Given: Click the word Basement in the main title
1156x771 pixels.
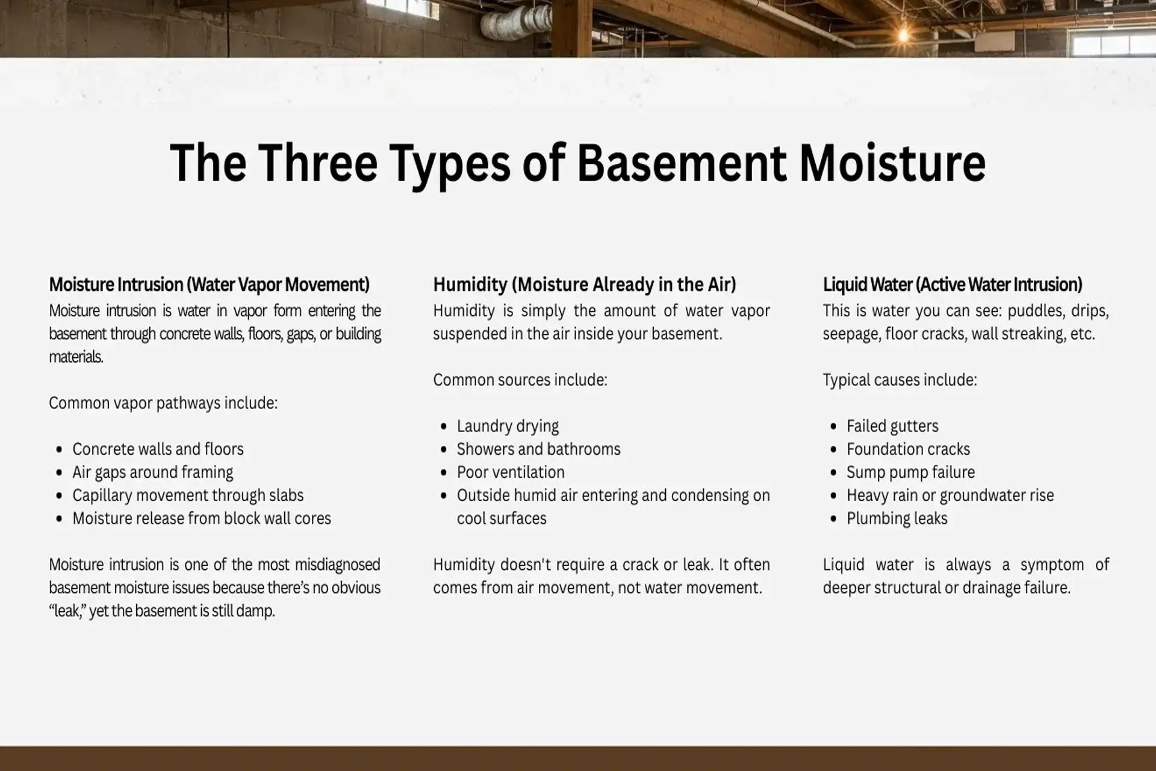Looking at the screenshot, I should pyautogui.click(x=682, y=163).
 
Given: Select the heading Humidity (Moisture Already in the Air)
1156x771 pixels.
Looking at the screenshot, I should pyautogui.click(x=584, y=284).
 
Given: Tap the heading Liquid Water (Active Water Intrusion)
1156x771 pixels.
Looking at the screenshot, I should pyautogui.click(x=952, y=284).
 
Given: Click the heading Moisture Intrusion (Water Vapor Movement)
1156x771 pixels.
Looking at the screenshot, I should pyautogui.click(x=209, y=284).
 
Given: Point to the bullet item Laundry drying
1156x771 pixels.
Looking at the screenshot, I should pyautogui.click(x=508, y=426).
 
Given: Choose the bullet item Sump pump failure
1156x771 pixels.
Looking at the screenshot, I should pyautogui.click(x=910, y=472).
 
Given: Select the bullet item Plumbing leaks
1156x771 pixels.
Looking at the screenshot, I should pyautogui.click(x=897, y=519).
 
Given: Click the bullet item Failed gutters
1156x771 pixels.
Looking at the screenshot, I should pyautogui.click(x=892, y=426).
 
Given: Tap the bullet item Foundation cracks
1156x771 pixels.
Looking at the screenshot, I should pyautogui.click(x=908, y=449).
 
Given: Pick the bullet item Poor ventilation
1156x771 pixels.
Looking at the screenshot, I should pyautogui.click(x=511, y=472).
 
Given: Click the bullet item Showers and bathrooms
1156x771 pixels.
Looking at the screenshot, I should pyautogui.click(x=538, y=449).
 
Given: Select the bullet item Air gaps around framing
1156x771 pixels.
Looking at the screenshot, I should pyautogui.click(x=152, y=472).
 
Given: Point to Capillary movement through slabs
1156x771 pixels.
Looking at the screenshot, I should pyautogui.click(x=188, y=495).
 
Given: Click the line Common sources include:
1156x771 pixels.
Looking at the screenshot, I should pyautogui.click(x=520, y=380).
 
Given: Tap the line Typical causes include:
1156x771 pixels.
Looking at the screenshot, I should pyautogui.click(x=900, y=380).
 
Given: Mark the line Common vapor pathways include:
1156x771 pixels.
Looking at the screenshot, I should pyautogui.click(x=163, y=403).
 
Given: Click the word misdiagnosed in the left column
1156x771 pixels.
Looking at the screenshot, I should pyautogui.click(x=337, y=564).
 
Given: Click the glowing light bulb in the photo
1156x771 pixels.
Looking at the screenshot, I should pyautogui.click(x=903, y=35).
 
